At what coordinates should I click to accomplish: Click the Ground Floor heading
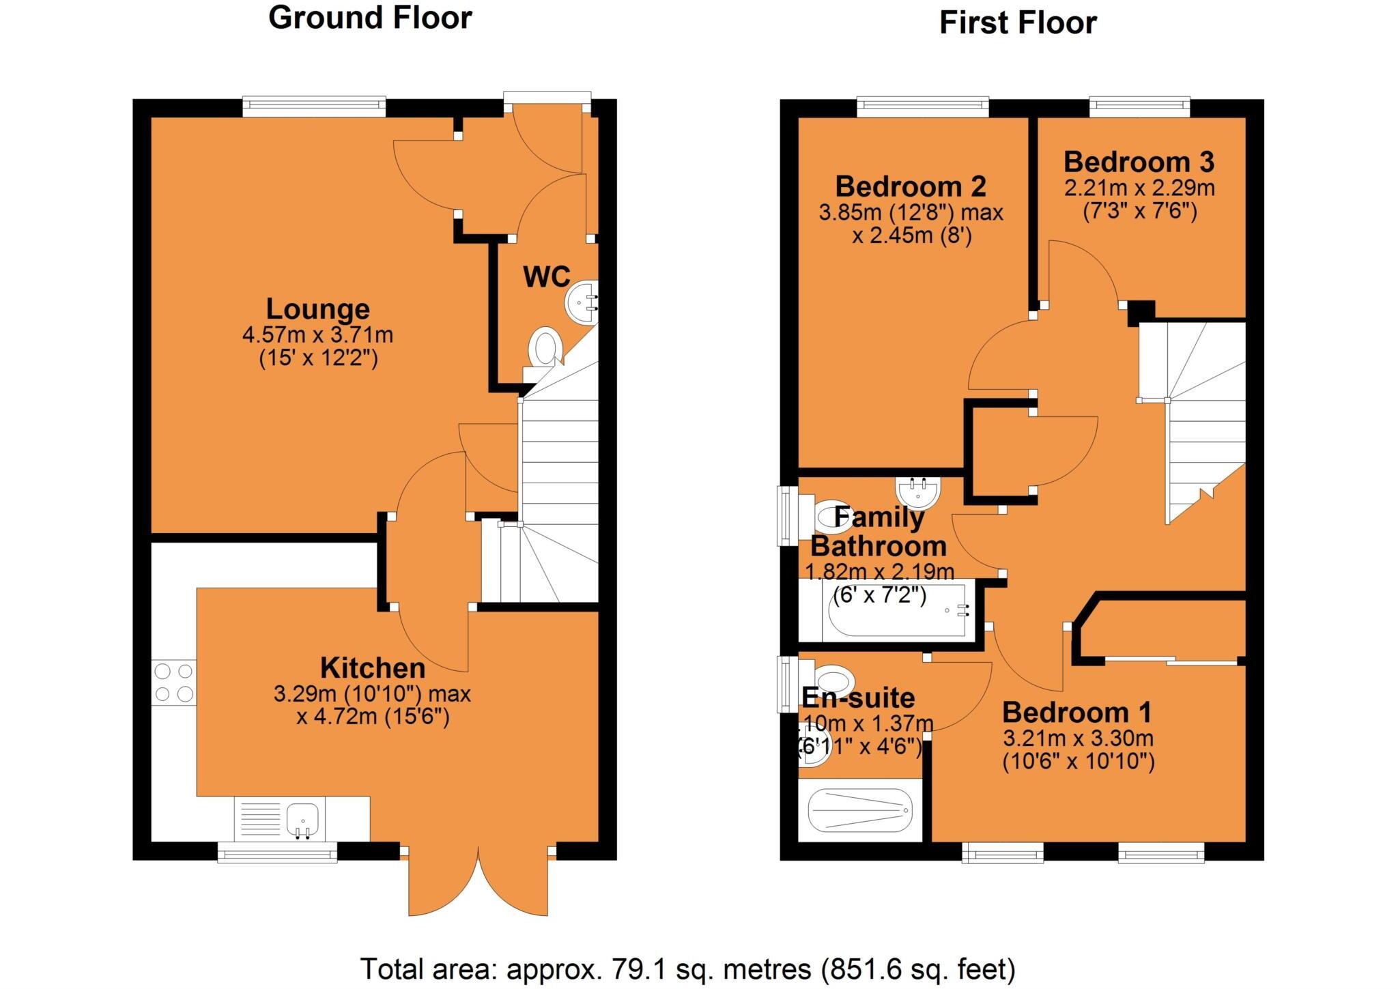pyautogui.click(x=370, y=18)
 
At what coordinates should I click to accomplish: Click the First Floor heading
pyautogui.click(x=1017, y=23)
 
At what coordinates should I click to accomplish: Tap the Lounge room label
pyautogui.click(x=317, y=309)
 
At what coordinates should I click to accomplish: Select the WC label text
pyautogui.click(x=546, y=276)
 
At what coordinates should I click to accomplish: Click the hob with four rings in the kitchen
pyautogui.click(x=173, y=683)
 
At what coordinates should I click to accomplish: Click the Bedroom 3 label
pyautogui.click(x=1139, y=162)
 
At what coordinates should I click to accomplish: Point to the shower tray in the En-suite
pyautogui.click(x=860, y=810)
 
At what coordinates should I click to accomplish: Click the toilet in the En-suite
pyautogui.click(x=834, y=680)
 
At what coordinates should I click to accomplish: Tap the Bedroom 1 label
pyautogui.click(x=1076, y=713)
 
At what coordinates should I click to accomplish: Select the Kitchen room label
pyautogui.click(x=373, y=668)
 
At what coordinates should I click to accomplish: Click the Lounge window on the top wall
pyautogui.click(x=314, y=104)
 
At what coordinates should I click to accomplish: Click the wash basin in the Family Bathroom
pyautogui.click(x=917, y=491)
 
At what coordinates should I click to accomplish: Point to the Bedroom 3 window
pyautogui.click(x=1139, y=104)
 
